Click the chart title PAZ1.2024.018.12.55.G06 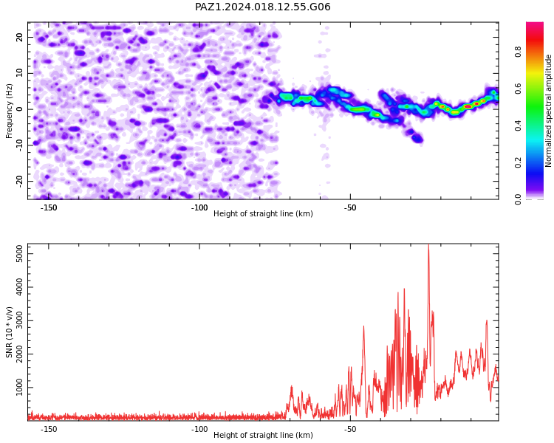click(263, 7)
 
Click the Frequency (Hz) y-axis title click(9, 111)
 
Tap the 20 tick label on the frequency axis click(20, 37)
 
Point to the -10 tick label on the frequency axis click(20, 145)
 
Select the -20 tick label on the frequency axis click(20, 181)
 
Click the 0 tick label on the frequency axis click(20, 109)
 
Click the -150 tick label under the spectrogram click(49, 207)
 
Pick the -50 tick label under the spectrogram click(350, 207)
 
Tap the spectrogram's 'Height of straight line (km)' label click(263, 213)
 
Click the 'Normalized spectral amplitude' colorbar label click(548, 111)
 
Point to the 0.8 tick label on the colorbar click(518, 52)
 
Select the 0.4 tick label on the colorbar click(518, 125)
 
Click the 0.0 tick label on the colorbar click(518, 199)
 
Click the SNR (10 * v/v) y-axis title click(9, 332)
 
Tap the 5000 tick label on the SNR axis click(20, 254)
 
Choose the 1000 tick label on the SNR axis click(20, 388)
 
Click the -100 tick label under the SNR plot click(199, 429)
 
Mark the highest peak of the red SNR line click(428, 245)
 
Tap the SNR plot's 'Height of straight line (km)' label click(263, 435)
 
